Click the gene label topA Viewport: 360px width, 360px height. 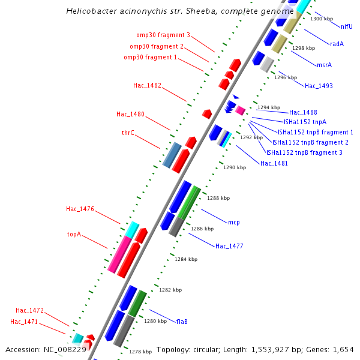tap(74, 235)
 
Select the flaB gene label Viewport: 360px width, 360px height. tap(182, 322)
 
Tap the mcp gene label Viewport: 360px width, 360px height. tap(233, 223)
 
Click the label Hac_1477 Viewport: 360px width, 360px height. tap(229, 247)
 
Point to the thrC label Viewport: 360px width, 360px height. tap(128, 133)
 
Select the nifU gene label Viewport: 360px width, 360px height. tap(347, 26)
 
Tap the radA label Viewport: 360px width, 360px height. tap(337, 44)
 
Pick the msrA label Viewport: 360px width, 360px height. tap(324, 65)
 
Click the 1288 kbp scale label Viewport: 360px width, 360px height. tap(218, 198)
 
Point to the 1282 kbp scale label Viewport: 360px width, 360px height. tap(170, 290)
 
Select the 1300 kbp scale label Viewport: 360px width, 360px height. tap(321, 19)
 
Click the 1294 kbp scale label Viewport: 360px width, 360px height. tap(269, 107)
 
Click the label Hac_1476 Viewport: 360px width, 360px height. tap(80, 209)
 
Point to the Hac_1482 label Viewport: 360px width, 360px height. tap(147, 86)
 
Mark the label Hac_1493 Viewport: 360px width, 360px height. tap(319, 86)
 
